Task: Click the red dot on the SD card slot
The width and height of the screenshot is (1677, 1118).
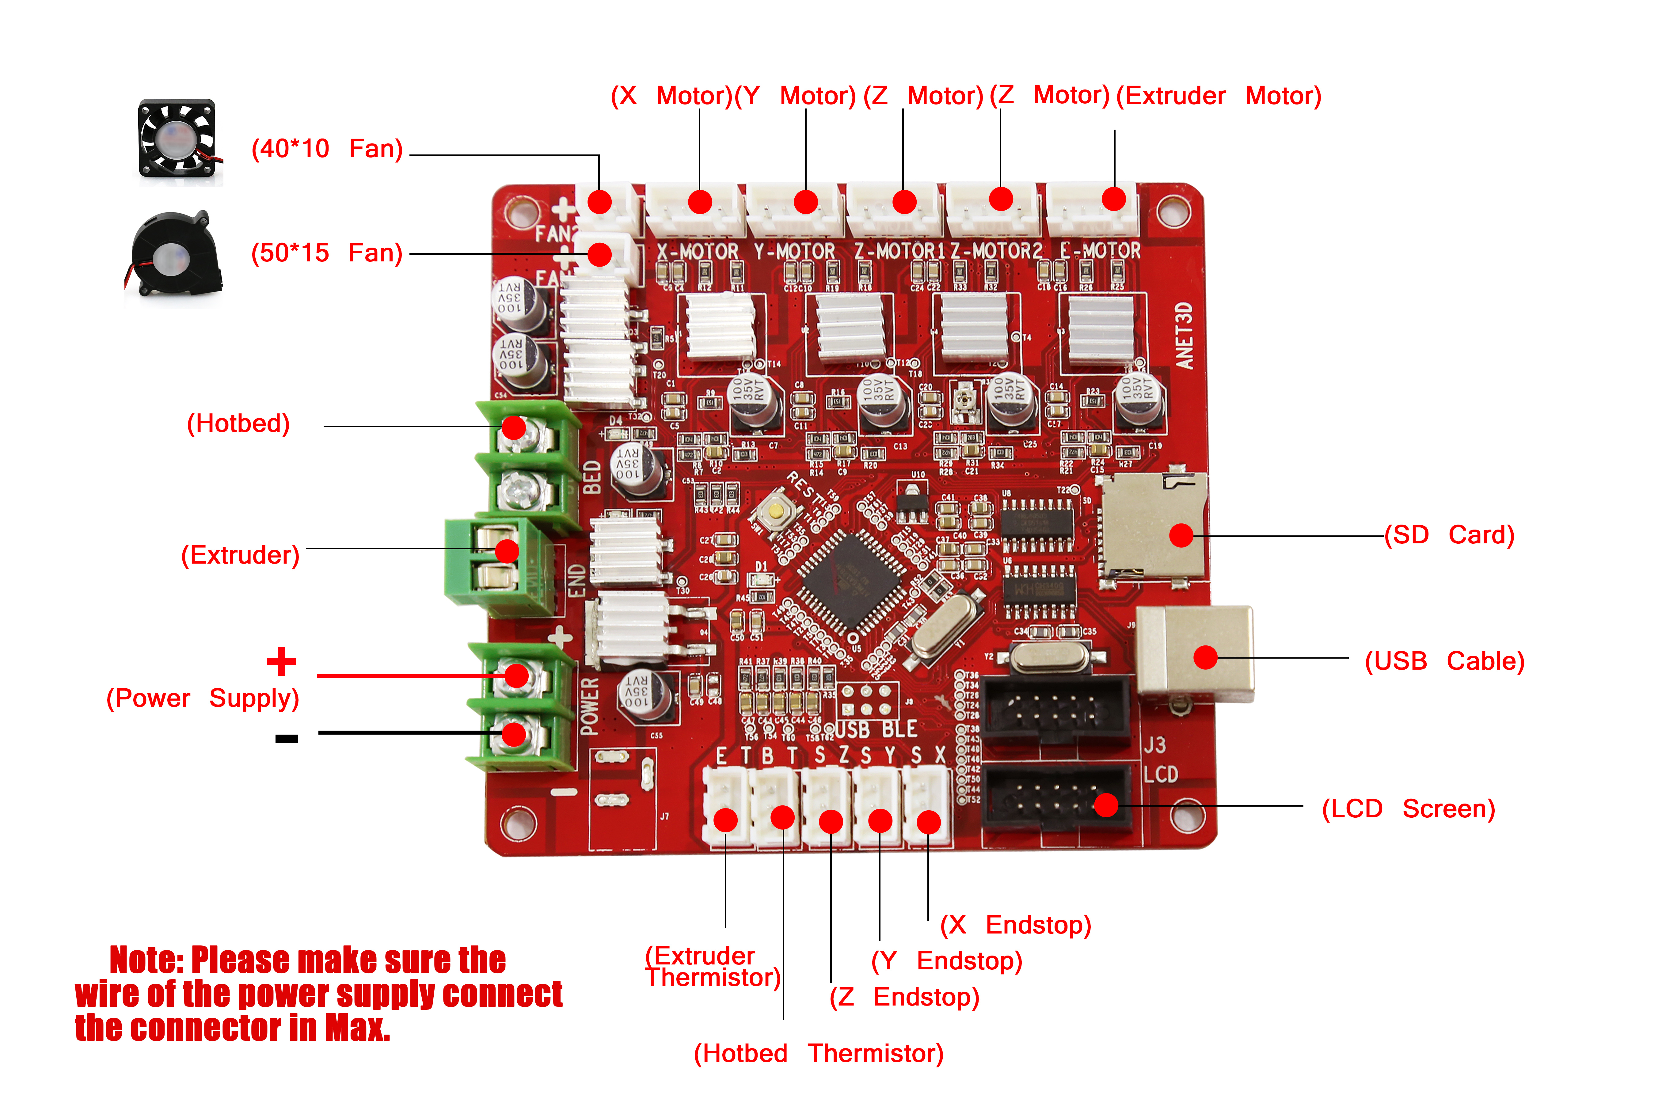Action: coord(1181,535)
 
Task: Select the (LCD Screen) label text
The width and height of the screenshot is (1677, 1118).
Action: coord(1408,808)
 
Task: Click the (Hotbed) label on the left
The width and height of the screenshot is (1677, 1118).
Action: coord(238,424)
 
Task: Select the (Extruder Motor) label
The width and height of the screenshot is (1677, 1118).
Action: coord(1219,96)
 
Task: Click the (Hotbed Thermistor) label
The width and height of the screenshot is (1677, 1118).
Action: coord(819,1053)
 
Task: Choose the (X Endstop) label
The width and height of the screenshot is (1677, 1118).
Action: coord(1015,925)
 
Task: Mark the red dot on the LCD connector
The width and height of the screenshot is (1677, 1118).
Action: coord(1106,805)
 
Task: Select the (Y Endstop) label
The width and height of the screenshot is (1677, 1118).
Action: coord(947,960)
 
